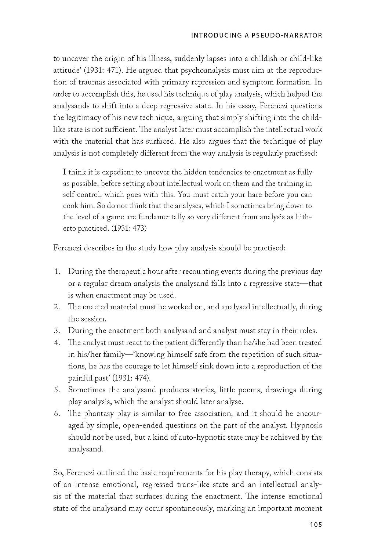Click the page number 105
click(316, 525)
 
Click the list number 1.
click(57, 272)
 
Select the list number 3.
click(57, 331)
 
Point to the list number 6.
click(57, 414)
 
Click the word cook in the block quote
click(70, 206)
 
